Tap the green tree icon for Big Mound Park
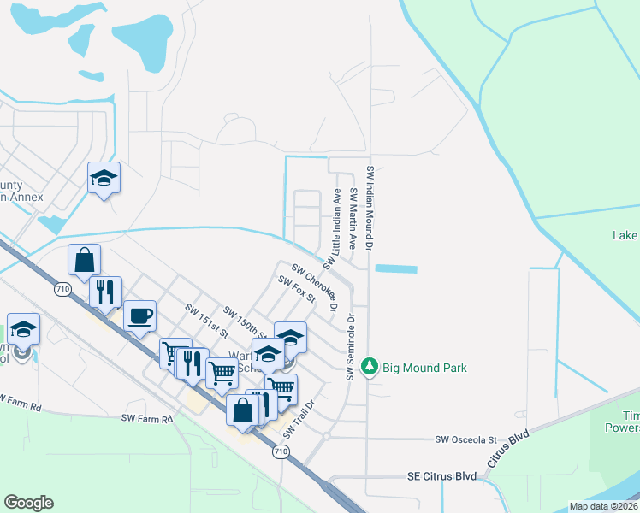370,367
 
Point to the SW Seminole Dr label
351,346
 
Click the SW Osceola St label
465,439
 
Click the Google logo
28,503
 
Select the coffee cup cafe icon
140,315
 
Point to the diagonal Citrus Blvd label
508,449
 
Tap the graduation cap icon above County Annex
104,178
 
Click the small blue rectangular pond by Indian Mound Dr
395,268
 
